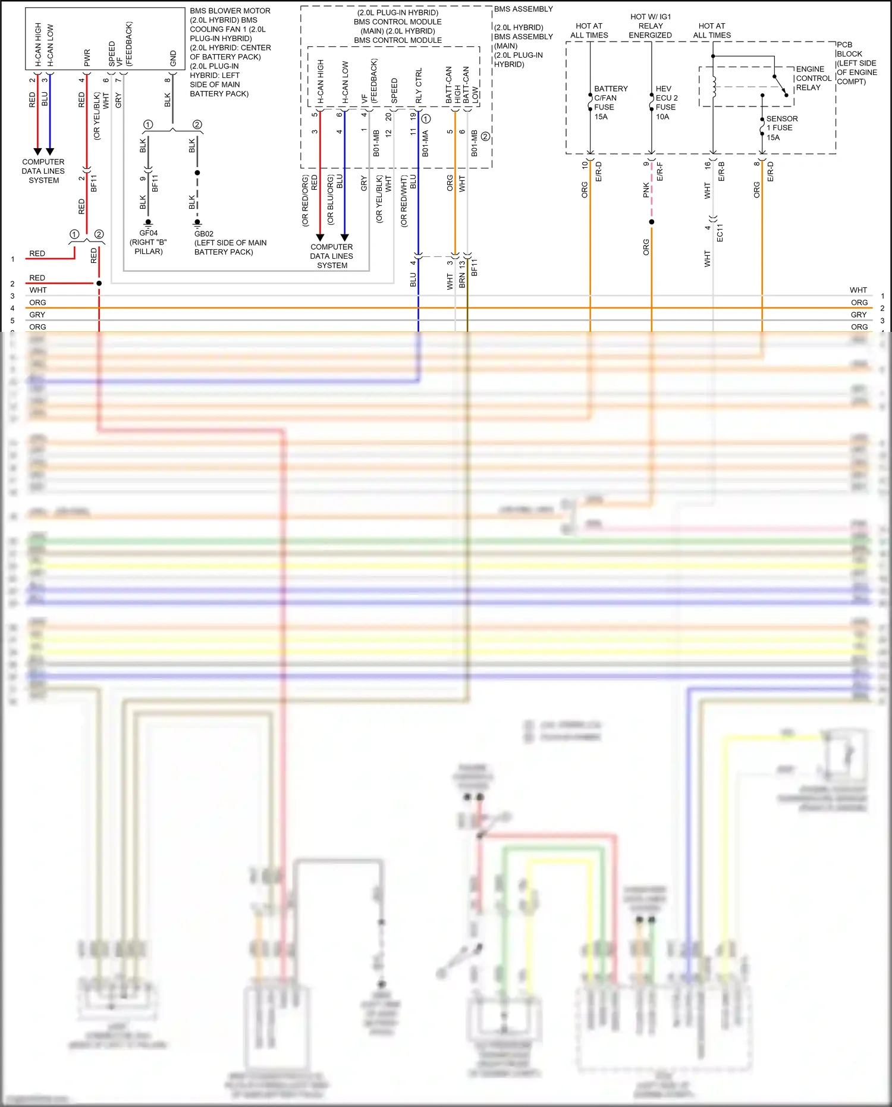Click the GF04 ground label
click(x=149, y=233)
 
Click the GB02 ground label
click(x=203, y=234)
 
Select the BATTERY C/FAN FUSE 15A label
click(x=610, y=102)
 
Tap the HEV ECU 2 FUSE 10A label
click(x=666, y=102)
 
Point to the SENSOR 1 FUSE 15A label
click(x=781, y=128)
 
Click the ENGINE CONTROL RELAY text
click(x=813, y=79)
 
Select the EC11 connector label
click(x=720, y=233)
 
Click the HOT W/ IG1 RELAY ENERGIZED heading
click(x=651, y=26)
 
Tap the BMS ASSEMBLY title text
click(x=523, y=9)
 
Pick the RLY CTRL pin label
click(x=419, y=86)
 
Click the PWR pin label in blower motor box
click(x=87, y=58)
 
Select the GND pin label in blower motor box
click(x=173, y=58)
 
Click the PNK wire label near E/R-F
click(x=646, y=190)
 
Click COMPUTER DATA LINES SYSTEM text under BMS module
click(x=332, y=256)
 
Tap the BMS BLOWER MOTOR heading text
click(x=230, y=11)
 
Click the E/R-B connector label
click(x=721, y=171)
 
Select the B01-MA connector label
click(x=425, y=144)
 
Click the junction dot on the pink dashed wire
click(x=652, y=222)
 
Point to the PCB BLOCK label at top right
click(x=849, y=49)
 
